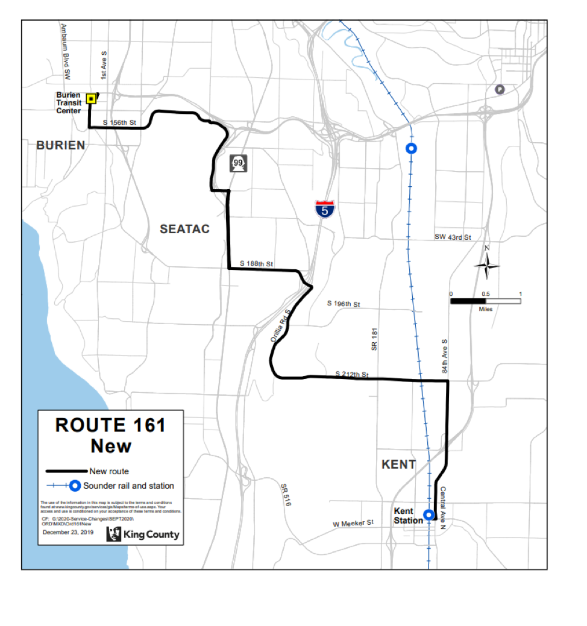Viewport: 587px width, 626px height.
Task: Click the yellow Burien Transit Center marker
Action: coord(90,98)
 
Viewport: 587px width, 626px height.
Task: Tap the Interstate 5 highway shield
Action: coord(325,208)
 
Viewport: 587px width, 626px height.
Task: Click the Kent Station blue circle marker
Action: coord(428,515)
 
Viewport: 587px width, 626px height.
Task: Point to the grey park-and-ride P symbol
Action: coord(499,89)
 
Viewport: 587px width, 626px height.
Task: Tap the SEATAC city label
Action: coord(184,229)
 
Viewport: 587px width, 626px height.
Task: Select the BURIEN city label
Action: coord(60,145)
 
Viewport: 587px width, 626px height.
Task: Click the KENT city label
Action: coord(398,464)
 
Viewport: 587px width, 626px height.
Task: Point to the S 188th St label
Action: coord(257,264)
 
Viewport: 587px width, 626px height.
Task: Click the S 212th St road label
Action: coord(351,375)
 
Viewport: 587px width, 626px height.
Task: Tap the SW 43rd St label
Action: coord(452,237)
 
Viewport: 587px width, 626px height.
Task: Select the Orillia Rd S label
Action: coord(280,327)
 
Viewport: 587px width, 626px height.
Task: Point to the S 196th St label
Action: coord(343,304)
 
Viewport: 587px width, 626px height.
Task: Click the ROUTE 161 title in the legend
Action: coord(110,425)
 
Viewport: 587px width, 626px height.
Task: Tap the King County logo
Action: coord(143,534)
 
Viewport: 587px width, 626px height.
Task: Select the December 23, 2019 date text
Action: coord(67,532)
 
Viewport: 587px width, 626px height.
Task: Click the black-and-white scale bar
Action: coord(485,301)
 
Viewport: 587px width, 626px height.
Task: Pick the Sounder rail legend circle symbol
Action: coord(75,486)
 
